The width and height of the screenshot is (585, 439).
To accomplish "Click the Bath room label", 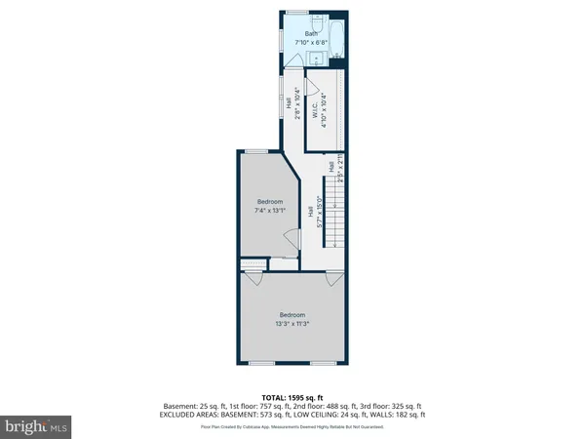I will pos(311,35).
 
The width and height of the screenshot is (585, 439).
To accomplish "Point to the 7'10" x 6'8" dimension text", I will pos(311,43).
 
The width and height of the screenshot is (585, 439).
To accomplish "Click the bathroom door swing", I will pos(292,61).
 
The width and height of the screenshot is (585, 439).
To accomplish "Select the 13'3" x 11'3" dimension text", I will pos(292,323).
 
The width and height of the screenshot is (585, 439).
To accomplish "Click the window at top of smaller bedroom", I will pos(256,151).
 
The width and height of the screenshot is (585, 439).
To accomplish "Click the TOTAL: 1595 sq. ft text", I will pos(292,396).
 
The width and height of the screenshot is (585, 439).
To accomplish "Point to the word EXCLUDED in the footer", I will pos(181,415).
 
